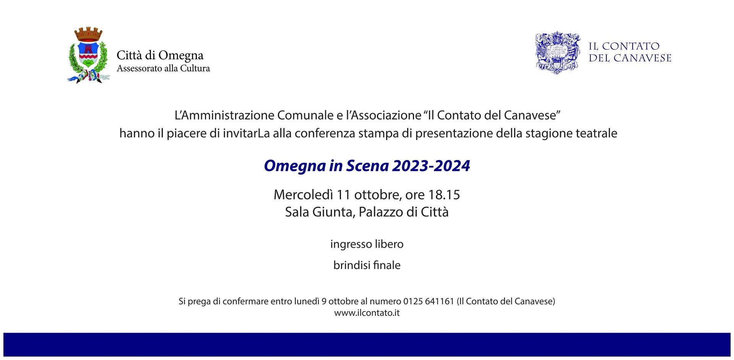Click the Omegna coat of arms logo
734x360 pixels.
tap(89, 55)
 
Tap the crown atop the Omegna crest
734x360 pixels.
tap(88, 34)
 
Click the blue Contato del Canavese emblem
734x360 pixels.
tap(558, 53)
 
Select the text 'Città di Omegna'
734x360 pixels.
tap(160, 55)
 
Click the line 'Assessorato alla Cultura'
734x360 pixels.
tap(163, 68)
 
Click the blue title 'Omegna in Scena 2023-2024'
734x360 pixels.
tap(367, 166)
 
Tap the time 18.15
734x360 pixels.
tap(444, 195)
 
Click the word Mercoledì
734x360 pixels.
tap(304, 195)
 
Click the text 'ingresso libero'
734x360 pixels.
tap(367, 244)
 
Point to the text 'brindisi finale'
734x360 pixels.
tap(367, 265)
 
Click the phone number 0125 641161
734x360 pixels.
tap(429, 301)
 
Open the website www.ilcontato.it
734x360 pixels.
tap(367, 313)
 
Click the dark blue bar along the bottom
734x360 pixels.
tap(367, 344)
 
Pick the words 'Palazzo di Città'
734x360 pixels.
tap(404, 212)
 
